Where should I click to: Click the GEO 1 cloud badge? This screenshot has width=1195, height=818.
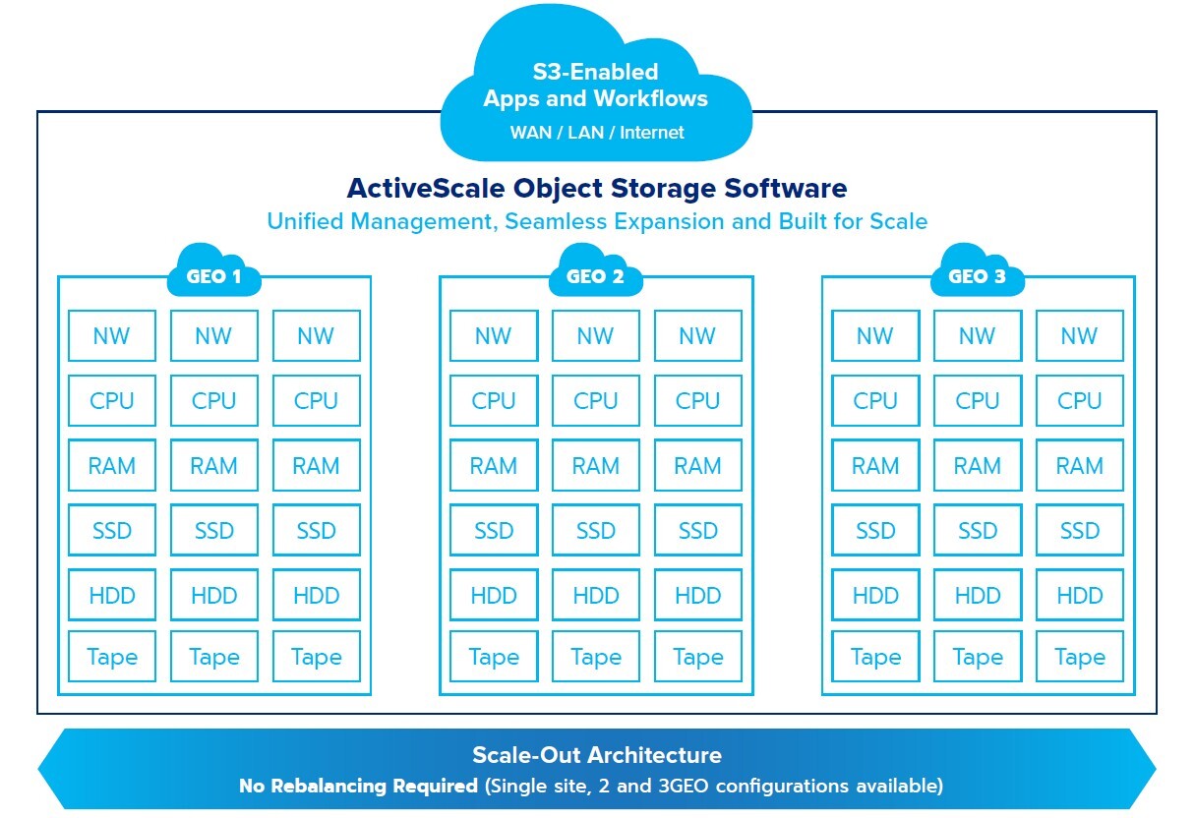[213, 275]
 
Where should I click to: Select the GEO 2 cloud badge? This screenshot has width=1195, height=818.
[595, 275]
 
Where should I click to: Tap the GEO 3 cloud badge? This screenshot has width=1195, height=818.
[977, 275]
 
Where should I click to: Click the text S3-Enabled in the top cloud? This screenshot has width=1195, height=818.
[595, 72]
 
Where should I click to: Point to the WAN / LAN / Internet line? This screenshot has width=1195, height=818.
[596, 132]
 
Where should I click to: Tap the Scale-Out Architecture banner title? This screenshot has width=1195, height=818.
[597, 755]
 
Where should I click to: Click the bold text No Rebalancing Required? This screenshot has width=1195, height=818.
[360, 787]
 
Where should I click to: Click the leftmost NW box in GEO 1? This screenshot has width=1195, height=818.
[111, 336]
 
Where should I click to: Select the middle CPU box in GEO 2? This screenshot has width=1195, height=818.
[595, 401]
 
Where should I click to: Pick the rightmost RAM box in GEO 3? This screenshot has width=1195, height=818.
[1079, 466]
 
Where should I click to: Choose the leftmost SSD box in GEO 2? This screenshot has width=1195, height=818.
[494, 531]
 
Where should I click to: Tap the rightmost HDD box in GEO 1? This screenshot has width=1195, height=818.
[316, 596]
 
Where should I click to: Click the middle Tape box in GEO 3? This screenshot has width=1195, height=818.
[977, 657]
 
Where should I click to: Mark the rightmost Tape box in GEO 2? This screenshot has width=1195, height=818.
[697, 657]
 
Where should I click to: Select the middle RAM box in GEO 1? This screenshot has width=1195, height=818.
[213, 466]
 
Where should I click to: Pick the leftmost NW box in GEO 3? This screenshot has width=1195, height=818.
[875, 336]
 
